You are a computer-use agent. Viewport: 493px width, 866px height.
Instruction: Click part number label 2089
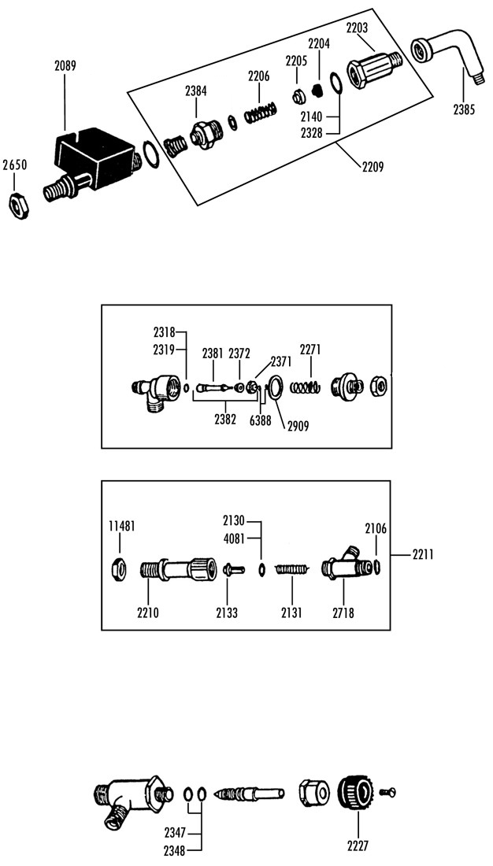click(x=65, y=65)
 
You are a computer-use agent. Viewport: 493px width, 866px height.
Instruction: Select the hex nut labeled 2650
click(x=20, y=206)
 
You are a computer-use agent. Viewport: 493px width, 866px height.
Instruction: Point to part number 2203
click(x=358, y=28)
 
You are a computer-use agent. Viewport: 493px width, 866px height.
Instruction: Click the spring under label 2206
click(x=261, y=112)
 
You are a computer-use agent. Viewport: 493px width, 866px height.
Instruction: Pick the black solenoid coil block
click(x=95, y=154)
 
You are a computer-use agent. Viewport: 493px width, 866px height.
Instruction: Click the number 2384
click(x=196, y=91)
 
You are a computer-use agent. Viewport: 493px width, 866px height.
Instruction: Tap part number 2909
click(x=298, y=426)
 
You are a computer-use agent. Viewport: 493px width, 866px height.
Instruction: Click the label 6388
click(x=261, y=420)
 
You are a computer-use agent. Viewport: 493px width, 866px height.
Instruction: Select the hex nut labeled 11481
click(x=118, y=567)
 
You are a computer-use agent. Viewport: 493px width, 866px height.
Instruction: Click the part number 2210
click(x=147, y=612)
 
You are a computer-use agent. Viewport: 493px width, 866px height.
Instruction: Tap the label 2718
click(x=343, y=612)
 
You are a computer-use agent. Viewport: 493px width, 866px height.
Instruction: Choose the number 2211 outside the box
click(x=423, y=554)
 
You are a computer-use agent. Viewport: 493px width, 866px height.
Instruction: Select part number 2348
click(x=174, y=850)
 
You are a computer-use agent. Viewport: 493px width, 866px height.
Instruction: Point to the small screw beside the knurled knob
click(x=387, y=793)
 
